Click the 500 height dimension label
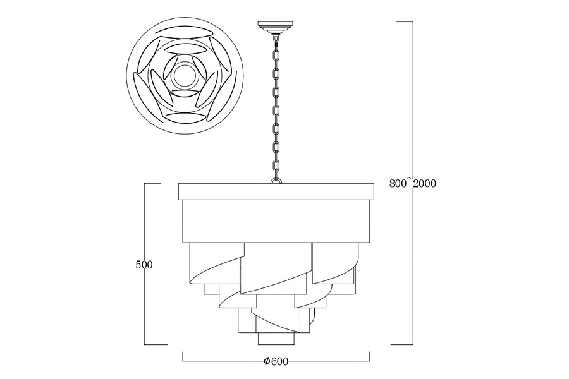144,265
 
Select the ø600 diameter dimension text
276,361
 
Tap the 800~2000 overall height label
413,183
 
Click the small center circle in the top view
185,75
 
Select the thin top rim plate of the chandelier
276,192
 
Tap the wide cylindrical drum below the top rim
276,221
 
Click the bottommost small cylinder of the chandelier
276,339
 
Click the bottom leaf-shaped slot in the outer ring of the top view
186,118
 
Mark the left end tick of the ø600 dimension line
182,356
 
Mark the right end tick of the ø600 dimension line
369,356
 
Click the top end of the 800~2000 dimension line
413,21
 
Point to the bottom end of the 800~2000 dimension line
413,344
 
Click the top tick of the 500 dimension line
145,184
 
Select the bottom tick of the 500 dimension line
145,344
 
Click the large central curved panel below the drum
276,268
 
